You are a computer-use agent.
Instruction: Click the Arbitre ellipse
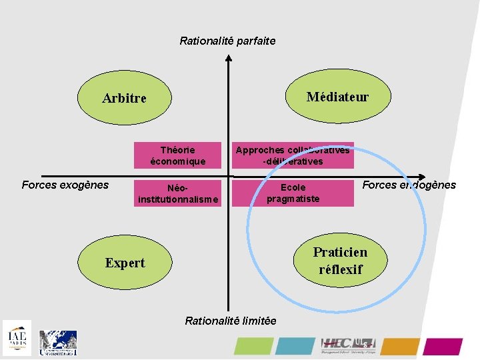124,99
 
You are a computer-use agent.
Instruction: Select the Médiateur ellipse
337,97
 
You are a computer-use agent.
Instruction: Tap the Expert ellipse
124,263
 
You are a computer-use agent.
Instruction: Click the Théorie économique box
178,155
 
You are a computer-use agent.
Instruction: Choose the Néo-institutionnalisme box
177,193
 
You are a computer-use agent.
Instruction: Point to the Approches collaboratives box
292,155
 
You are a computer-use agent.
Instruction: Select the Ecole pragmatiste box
293,193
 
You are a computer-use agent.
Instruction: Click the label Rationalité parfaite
227,41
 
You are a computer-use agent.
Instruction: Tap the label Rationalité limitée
231,321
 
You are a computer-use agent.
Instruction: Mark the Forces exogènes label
65,185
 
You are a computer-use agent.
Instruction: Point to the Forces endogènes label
409,185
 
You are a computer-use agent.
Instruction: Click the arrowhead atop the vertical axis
228,59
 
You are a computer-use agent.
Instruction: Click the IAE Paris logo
17,338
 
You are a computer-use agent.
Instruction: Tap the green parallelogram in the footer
252,346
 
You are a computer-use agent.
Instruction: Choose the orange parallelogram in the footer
400,346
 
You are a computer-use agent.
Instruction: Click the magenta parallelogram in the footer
443,346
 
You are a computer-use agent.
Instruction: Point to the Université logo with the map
58,343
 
